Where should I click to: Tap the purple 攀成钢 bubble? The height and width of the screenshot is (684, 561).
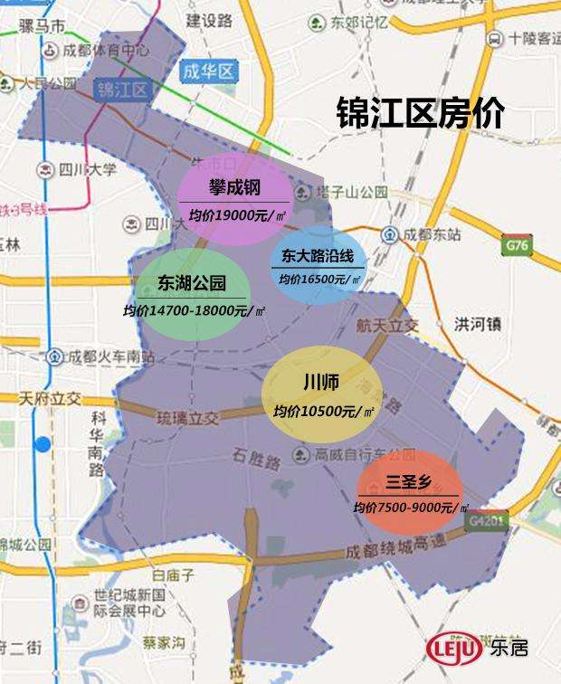click(234, 199)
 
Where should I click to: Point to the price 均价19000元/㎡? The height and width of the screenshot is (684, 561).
click(234, 214)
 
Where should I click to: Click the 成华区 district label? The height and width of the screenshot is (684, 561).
click(207, 71)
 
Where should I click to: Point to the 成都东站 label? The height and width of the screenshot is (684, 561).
click(432, 234)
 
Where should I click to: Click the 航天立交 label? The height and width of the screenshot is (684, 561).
click(388, 324)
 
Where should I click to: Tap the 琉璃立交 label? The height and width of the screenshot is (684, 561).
click(188, 418)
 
